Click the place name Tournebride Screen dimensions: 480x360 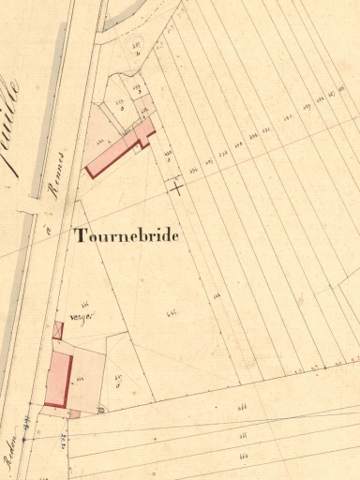[x=126, y=236]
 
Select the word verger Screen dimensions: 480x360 [x=86, y=316]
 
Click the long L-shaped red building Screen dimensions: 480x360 [x=116, y=154]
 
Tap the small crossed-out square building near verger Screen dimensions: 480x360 [x=58, y=330]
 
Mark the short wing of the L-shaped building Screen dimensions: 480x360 [x=146, y=131]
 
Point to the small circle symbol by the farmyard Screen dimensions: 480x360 [x=101, y=409]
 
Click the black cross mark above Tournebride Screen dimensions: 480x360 [x=175, y=188]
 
